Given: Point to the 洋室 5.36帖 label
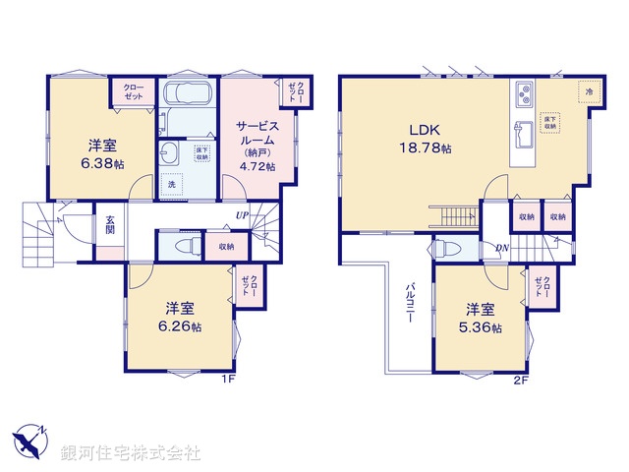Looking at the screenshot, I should (483, 319).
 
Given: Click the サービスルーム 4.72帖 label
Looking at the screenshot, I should (257, 146).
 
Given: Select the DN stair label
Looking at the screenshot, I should (502, 247).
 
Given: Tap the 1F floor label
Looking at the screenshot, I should (227, 378).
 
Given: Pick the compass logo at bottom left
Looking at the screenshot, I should (29, 440).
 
